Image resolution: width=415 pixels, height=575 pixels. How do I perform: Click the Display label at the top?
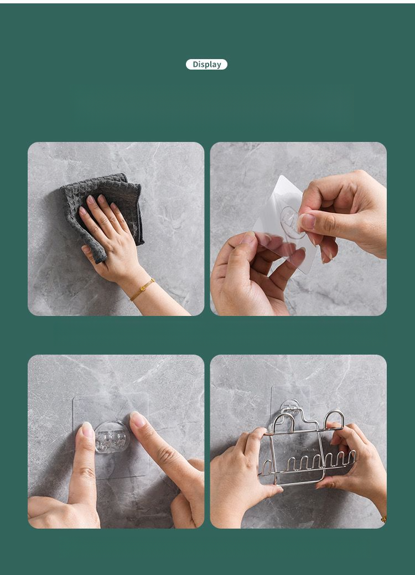click(x=206, y=65)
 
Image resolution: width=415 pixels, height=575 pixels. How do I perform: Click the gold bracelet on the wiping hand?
click(x=142, y=289)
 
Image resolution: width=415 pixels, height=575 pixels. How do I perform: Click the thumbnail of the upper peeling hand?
click(x=307, y=221)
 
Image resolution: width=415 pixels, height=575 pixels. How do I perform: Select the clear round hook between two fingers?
click(x=111, y=437)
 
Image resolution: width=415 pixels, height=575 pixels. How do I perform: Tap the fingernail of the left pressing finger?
click(x=88, y=429)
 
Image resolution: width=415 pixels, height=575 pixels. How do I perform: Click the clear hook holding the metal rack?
click(x=290, y=407)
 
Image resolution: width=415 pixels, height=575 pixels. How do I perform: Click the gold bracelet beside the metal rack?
click(x=384, y=519)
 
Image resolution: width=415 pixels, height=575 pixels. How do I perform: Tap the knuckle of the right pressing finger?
click(x=167, y=455)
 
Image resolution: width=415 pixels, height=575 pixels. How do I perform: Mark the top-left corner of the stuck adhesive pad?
click(x=74, y=397)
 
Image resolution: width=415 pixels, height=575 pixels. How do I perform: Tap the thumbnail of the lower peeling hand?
click(x=249, y=238)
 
